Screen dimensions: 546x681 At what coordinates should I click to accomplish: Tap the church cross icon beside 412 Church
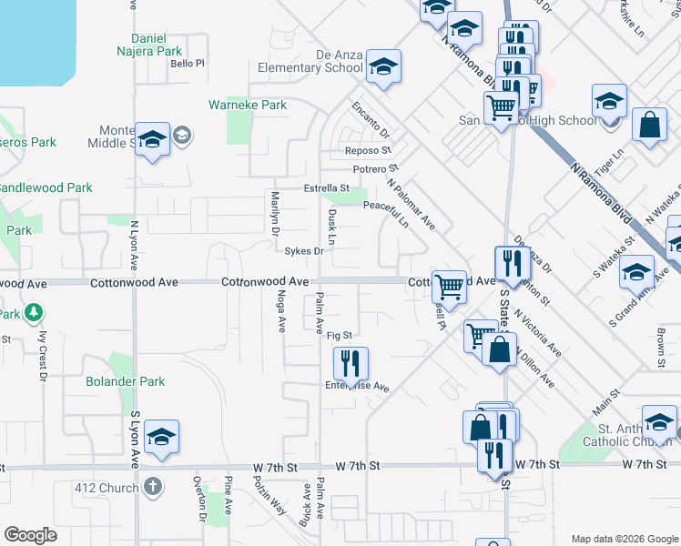[152, 487]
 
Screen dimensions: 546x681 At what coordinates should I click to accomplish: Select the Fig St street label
[339, 336]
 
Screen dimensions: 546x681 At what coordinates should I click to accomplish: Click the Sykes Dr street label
[304, 251]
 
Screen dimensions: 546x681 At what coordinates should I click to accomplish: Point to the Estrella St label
[327, 188]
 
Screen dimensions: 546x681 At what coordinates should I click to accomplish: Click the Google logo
[30, 534]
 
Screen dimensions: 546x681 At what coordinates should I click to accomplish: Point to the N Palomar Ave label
[411, 206]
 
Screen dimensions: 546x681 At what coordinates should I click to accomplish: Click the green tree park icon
[34, 314]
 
